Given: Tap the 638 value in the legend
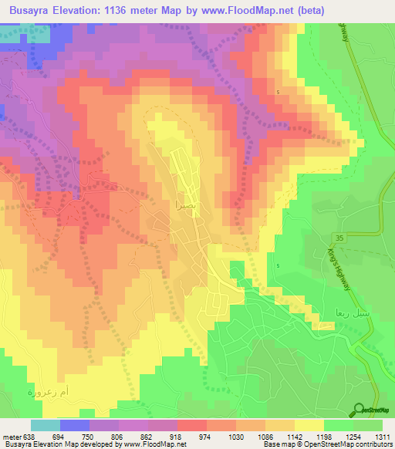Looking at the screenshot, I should [25, 436].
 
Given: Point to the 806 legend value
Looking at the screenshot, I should [119, 436].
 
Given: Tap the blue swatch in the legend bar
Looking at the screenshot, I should [75, 425].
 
